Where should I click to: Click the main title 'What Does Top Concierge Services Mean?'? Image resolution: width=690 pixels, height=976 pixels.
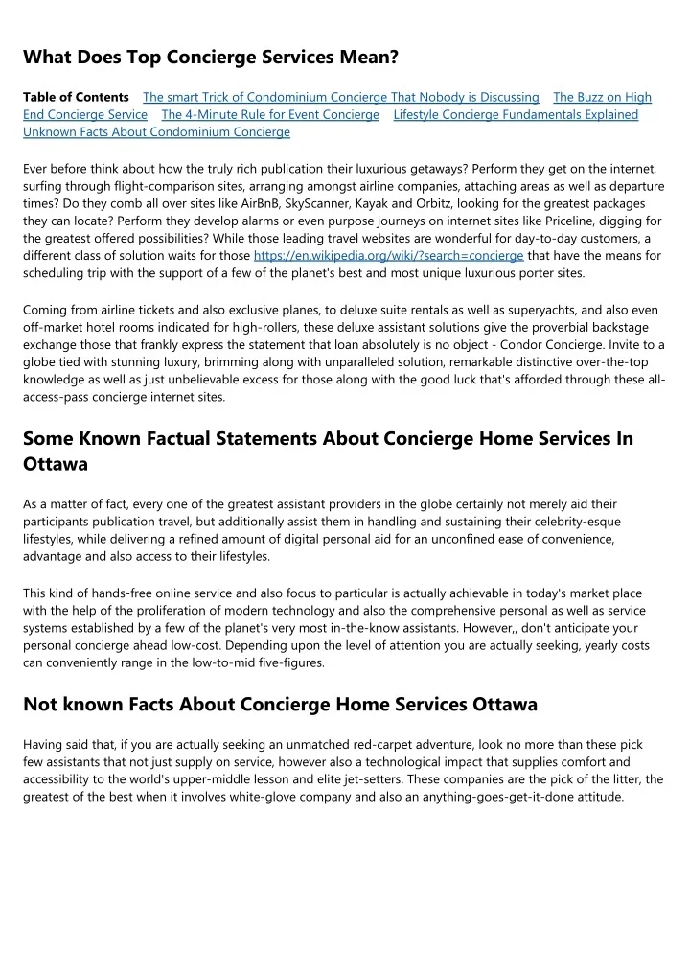(211, 58)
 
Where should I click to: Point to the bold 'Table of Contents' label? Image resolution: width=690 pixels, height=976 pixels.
(76, 97)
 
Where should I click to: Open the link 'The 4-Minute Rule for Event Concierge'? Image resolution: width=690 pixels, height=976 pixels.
(270, 114)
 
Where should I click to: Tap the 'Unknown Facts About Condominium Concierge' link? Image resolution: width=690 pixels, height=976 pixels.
(156, 131)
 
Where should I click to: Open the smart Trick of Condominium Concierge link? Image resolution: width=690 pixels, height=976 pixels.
(340, 97)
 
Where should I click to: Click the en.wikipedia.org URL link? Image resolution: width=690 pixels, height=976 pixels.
(388, 256)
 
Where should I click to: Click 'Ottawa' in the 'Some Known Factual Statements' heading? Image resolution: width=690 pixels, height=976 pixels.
(56, 464)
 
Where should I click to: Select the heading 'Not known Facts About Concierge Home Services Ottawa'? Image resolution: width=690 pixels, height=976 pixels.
(280, 704)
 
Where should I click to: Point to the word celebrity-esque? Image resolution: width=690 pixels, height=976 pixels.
(566, 521)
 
